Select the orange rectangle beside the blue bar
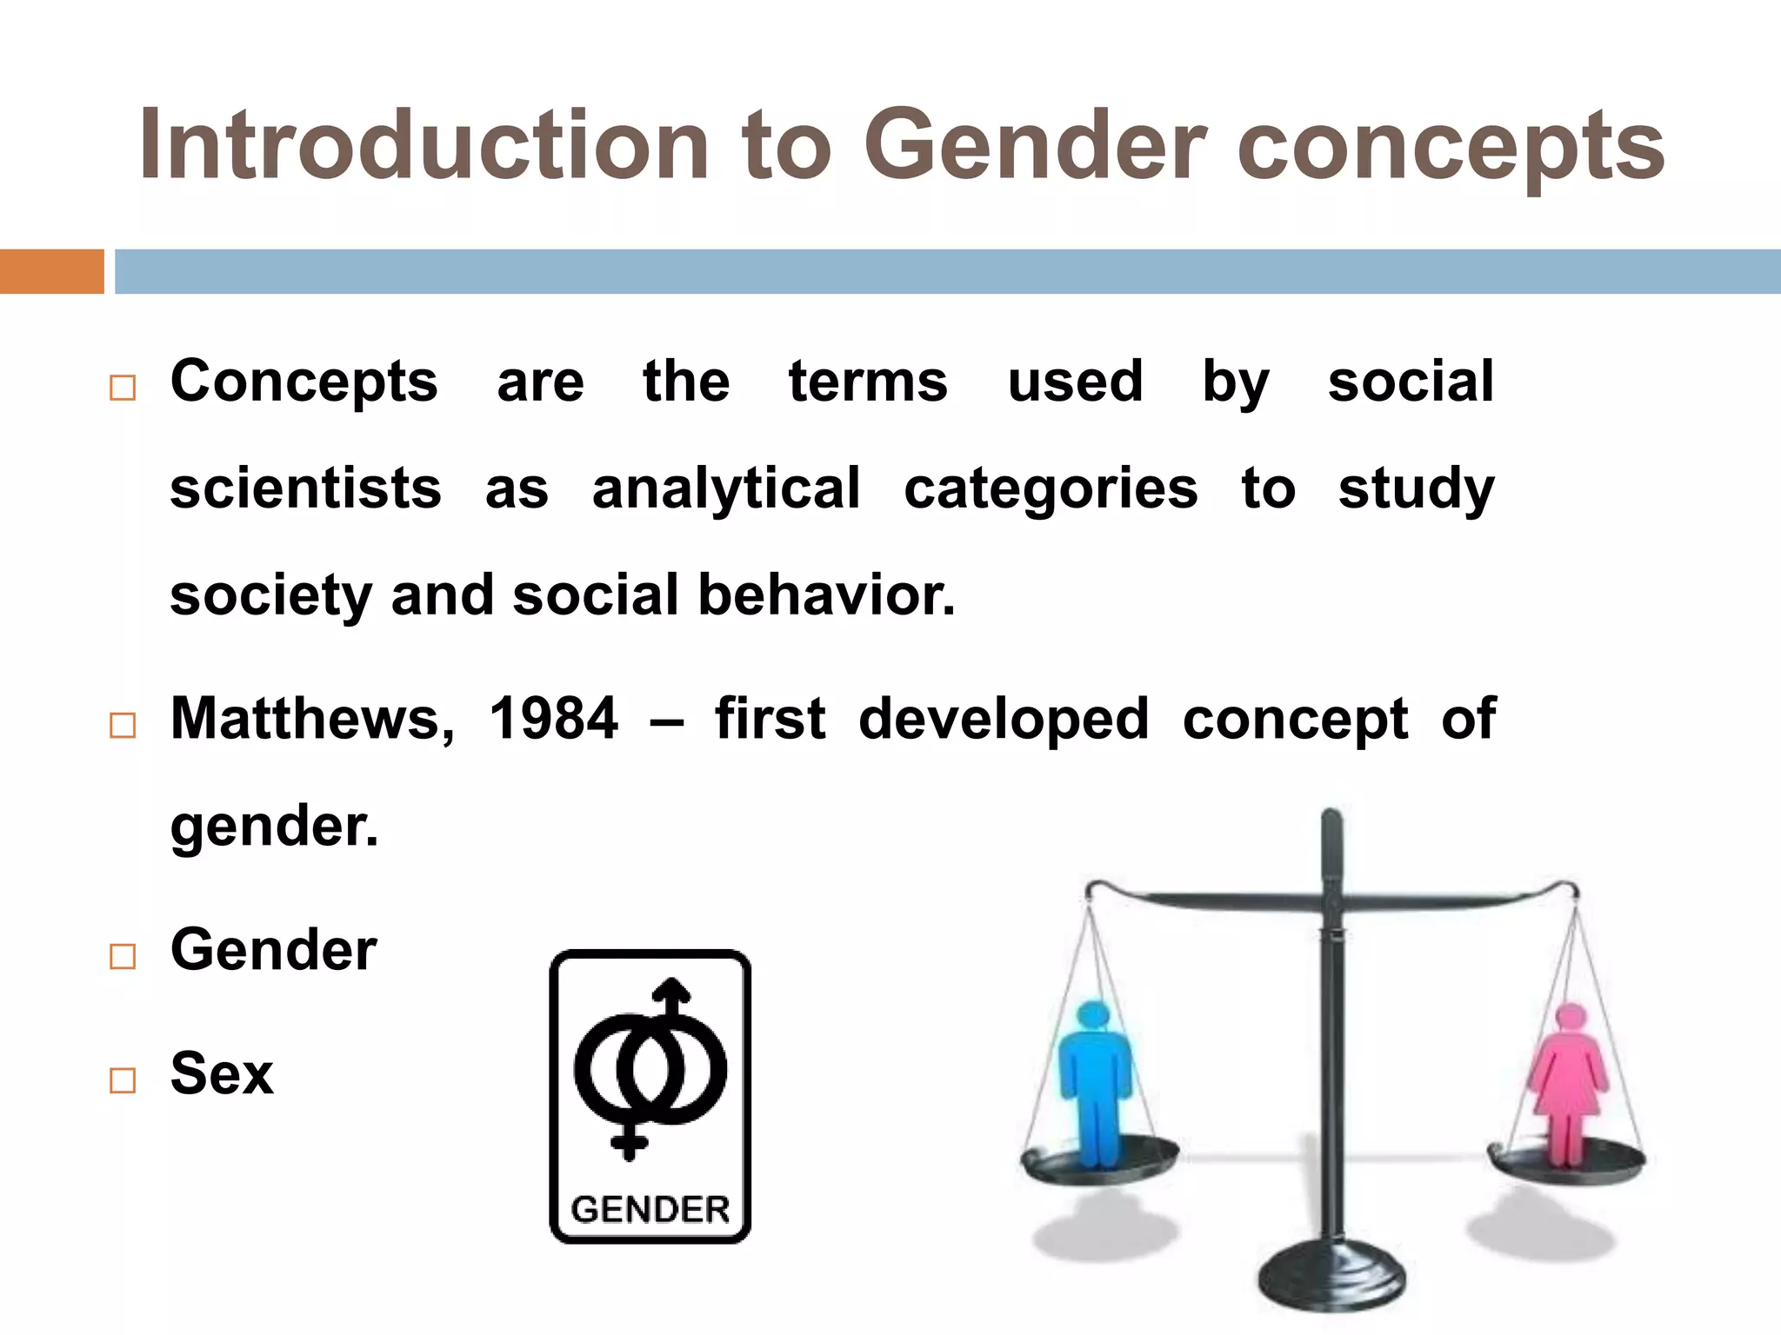coord(51,271)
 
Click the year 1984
coord(553,720)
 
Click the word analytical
coord(726,488)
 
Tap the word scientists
coord(305,488)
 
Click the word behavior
coord(826,596)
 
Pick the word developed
coord(1004,720)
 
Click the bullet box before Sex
coord(123,1080)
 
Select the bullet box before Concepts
coord(123,388)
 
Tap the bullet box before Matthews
coord(123,725)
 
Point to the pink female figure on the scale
coord(1569,1082)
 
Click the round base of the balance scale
coord(1331,1278)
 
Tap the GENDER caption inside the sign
coord(650,1209)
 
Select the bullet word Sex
coord(222,1074)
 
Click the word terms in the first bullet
coord(868,382)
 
